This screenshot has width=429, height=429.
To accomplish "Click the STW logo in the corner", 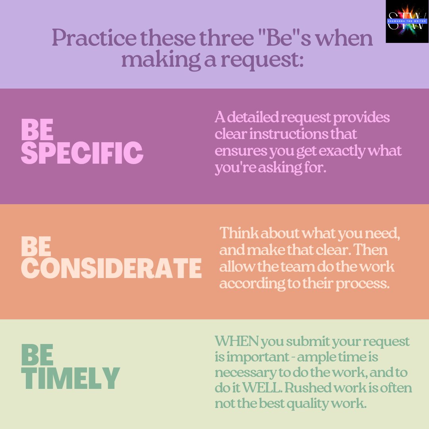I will (x=407, y=21).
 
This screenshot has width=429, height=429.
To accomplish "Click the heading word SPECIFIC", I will (x=82, y=153).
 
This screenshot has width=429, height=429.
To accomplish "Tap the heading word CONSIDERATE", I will (x=111, y=268).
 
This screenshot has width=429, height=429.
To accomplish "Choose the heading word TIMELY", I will (x=70, y=378).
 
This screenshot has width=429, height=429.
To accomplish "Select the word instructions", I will (x=291, y=134).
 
